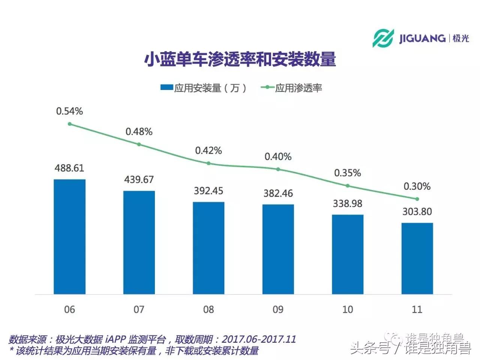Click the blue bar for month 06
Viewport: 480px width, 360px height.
[x=69, y=237]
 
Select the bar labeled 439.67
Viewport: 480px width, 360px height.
[x=139, y=242]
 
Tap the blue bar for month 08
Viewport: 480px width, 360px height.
[x=208, y=248]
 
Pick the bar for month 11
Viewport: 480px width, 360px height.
[x=417, y=258]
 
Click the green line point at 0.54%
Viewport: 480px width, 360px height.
[x=69, y=124]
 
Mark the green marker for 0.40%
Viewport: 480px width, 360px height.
[x=278, y=169]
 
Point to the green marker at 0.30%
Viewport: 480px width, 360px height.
[x=417, y=199]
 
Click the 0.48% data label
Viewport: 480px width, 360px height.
[x=139, y=132]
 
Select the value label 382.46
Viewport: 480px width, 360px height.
[x=278, y=193]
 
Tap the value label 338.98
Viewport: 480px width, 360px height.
[x=348, y=204]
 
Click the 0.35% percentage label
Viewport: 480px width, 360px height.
[x=348, y=173]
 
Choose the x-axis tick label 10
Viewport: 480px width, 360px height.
[x=348, y=309]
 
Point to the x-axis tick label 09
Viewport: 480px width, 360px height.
[x=278, y=309]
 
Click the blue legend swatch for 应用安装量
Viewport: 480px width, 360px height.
[x=166, y=88]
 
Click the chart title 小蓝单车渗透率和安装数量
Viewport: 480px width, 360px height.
[x=240, y=60]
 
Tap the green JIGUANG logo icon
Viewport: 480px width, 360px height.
[x=383, y=38]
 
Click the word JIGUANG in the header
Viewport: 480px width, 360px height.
[x=422, y=38]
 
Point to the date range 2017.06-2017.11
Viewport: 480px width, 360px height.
[x=259, y=339]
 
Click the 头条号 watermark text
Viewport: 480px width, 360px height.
[x=370, y=349]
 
